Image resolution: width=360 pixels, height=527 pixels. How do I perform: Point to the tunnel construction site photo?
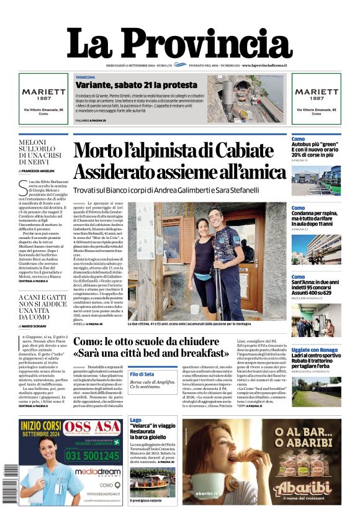(245, 99)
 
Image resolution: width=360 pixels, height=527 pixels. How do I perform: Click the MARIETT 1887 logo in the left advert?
(43, 93)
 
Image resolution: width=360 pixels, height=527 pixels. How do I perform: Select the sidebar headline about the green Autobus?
(316, 147)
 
